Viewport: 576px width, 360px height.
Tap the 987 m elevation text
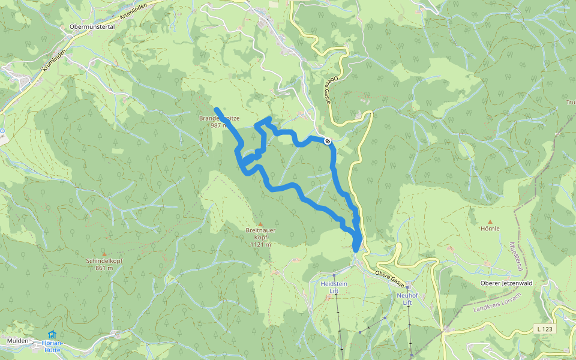coord(218,126)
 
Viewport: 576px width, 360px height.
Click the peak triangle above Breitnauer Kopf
coord(260,224)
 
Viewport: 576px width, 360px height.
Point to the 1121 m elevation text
coord(260,244)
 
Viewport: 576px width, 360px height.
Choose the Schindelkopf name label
coord(104,261)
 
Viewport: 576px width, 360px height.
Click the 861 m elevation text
coord(104,268)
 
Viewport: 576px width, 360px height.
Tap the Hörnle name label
coord(490,228)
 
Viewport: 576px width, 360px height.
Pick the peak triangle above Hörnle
coord(490,221)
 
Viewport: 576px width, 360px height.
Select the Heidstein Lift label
coord(334,286)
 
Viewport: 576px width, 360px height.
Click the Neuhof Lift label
coord(408,299)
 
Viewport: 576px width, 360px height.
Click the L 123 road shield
coord(544,329)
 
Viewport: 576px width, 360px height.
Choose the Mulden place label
coord(18,340)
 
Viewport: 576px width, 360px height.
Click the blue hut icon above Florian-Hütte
coord(52,334)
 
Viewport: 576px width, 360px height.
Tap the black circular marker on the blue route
coord(327,141)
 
